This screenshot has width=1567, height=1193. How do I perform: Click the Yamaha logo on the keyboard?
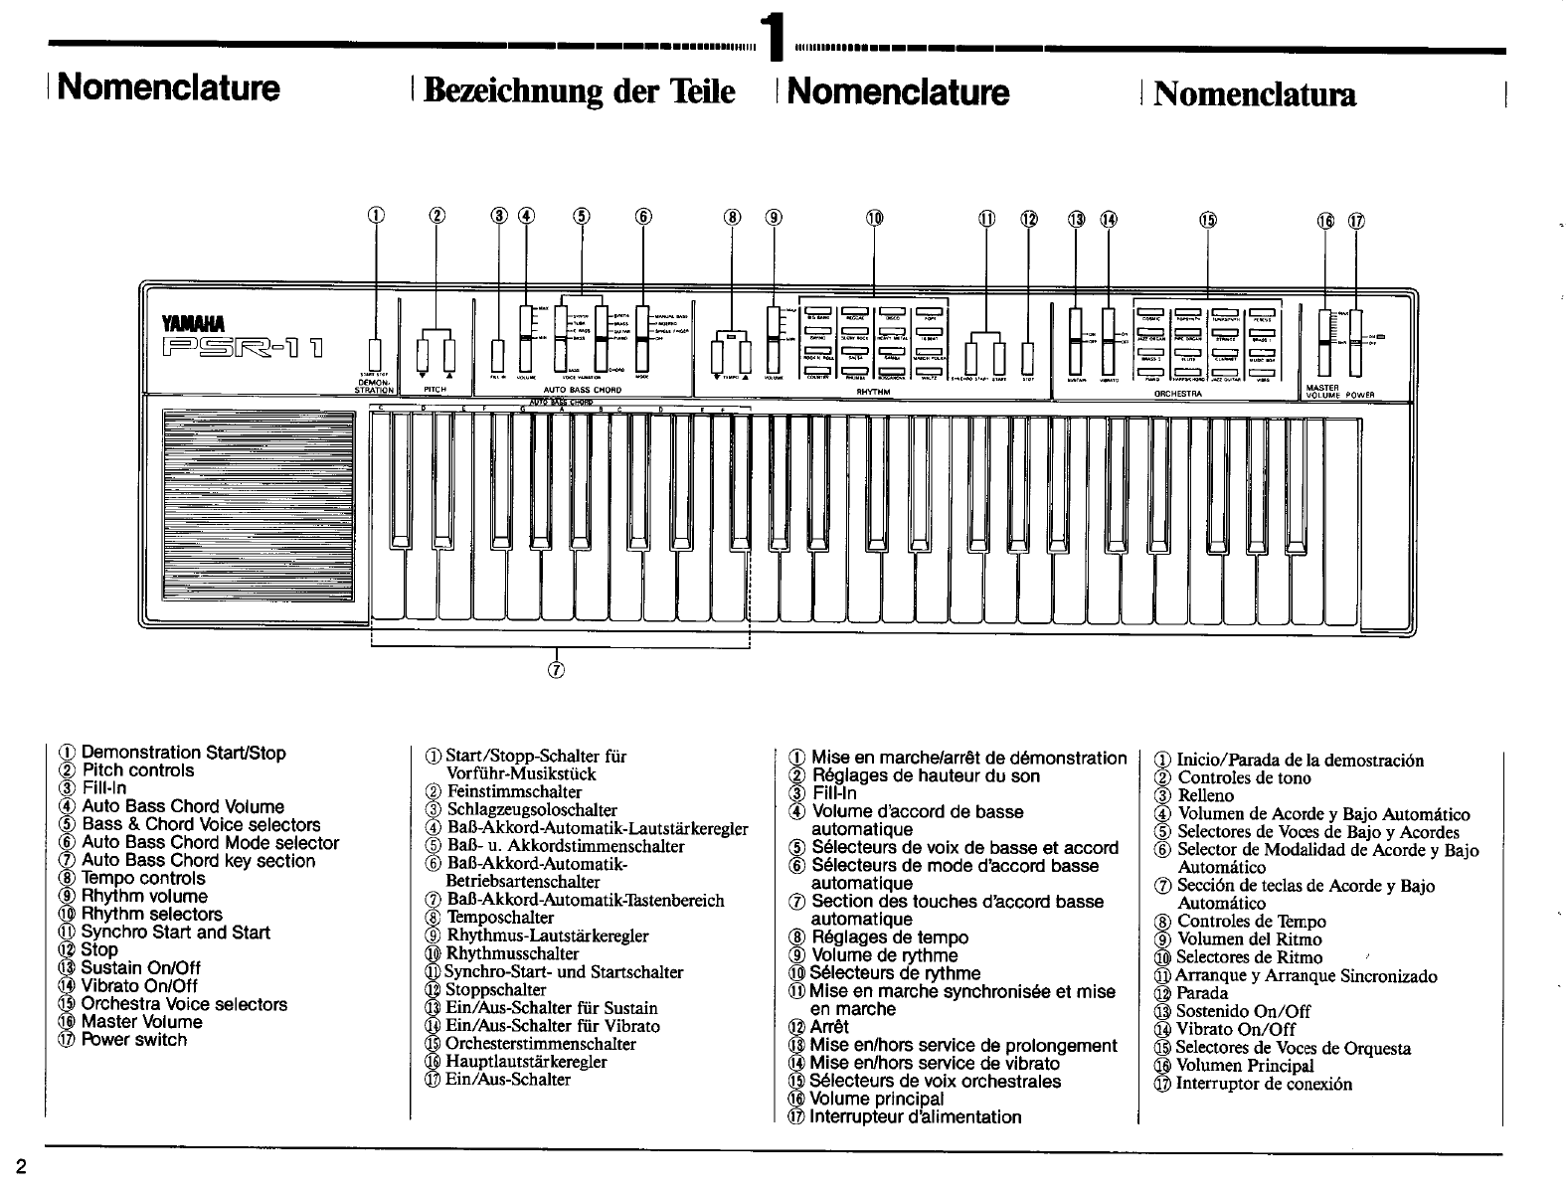click(196, 321)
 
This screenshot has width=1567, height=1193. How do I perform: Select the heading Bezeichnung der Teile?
click(579, 91)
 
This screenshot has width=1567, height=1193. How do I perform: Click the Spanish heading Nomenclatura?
click(1255, 93)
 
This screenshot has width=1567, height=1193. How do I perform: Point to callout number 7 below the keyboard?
click(557, 669)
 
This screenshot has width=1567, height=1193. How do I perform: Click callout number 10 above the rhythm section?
click(874, 219)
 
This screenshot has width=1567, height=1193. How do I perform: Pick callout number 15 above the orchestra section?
click(1208, 220)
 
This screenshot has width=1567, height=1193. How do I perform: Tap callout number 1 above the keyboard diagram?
click(375, 218)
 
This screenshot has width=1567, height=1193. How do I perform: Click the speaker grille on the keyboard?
click(258, 505)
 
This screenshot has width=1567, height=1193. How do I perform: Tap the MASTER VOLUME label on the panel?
click(1326, 390)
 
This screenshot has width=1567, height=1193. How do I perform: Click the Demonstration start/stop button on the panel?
click(375, 354)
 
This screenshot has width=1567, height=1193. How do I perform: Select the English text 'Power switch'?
click(133, 1040)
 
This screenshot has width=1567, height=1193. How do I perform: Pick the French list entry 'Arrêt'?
click(829, 1027)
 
